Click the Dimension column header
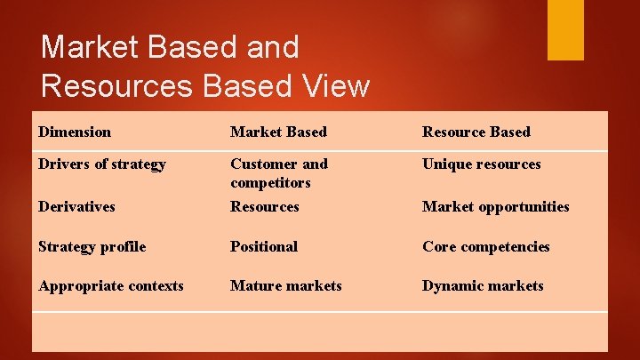tap(75, 132)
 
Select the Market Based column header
tap(278, 132)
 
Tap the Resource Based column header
tap(476, 132)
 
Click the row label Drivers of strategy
tap(102, 164)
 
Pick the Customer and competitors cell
tap(278, 172)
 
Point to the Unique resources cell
tap(481, 164)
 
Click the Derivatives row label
tap(76, 206)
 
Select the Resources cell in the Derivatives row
tap(264, 206)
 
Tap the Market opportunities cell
tap(495, 206)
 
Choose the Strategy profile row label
tap(92, 246)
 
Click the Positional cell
tap(263, 246)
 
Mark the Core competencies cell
tap(485, 246)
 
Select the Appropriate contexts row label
tap(111, 285)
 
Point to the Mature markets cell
tap(285, 285)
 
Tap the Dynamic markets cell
tap(482, 285)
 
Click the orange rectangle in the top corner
tap(565, 29)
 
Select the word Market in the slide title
tap(92, 46)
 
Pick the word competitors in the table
tap(270, 182)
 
